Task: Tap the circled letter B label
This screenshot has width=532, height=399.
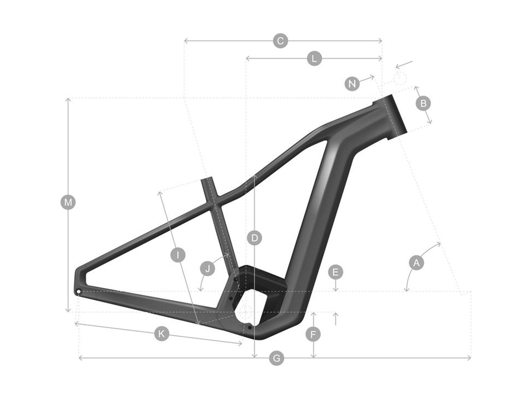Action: (x=423, y=103)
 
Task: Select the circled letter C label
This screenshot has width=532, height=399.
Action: (x=280, y=41)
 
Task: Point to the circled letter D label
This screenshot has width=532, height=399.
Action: (x=255, y=238)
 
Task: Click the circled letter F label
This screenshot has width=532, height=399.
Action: (x=313, y=335)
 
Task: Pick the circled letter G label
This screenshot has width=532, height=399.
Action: (x=276, y=358)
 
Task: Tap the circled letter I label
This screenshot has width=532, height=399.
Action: (x=178, y=255)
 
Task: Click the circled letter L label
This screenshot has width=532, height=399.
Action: (x=314, y=59)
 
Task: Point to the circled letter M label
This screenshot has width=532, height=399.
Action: (x=68, y=202)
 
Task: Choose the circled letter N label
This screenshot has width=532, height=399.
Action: (x=352, y=83)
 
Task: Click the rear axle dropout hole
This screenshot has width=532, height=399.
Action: (x=78, y=292)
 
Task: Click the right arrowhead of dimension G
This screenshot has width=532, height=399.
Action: (x=470, y=358)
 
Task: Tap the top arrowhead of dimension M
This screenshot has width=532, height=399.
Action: (x=68, y=99)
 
